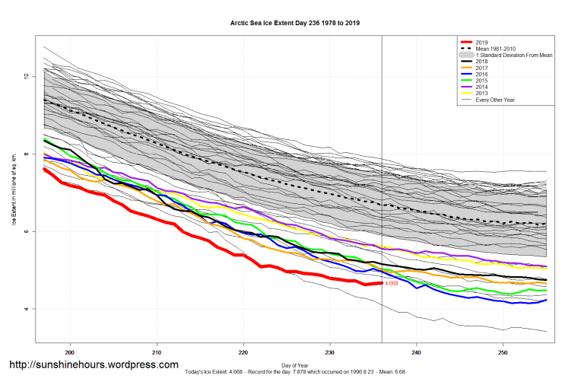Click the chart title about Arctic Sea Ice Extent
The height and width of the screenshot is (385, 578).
click(295, 24)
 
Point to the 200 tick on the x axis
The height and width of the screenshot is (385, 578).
click(71, 352)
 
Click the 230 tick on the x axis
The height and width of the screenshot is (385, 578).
click(330, 352)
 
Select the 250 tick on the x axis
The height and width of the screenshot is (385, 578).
click(503, 352)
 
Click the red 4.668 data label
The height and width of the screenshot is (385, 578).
click(392, 284)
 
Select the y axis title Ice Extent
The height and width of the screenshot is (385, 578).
click(13, 190)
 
